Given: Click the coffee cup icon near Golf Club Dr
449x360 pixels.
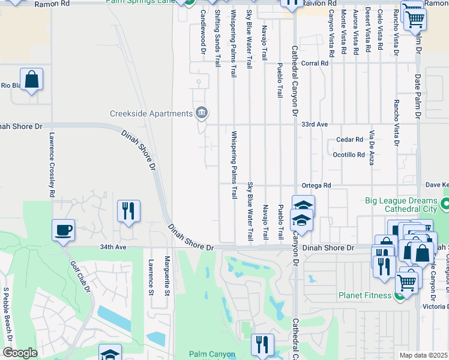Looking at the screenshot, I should pos(63,230).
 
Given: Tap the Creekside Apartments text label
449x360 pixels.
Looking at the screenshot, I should pos(150,113).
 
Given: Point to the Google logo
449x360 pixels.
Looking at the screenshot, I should pos(19,353).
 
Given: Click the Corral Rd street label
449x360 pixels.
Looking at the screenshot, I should pos(316,62).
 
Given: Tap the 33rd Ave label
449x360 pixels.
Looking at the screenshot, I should pos(315,124).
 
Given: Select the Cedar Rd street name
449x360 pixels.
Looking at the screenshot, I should pos(349,139).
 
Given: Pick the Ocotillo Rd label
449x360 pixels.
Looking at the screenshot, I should pos(349,154).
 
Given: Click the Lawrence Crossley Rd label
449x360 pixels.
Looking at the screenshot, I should pos(52,165).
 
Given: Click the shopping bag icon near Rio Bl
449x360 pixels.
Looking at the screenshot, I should pos(31,79).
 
